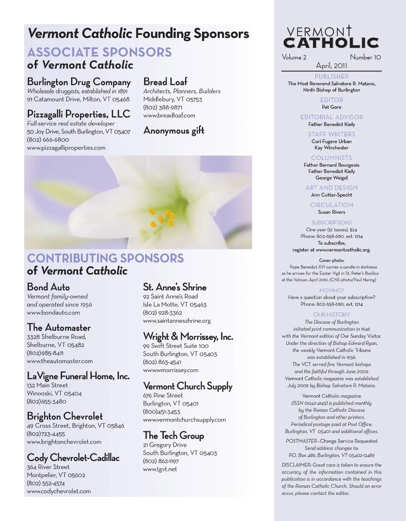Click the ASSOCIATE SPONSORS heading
100,52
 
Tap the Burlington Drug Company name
79,82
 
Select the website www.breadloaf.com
169,115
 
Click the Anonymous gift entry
174,130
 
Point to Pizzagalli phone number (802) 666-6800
48,140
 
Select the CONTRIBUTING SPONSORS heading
105,258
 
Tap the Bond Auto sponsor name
48,287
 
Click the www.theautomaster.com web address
60,361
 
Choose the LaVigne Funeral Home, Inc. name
78,375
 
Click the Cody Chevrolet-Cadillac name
73,458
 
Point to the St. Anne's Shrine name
175,287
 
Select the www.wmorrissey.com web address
170,370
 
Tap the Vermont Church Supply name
188,386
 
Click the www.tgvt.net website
160,469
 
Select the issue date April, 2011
331,66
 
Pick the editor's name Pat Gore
331,107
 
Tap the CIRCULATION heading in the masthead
331,205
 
